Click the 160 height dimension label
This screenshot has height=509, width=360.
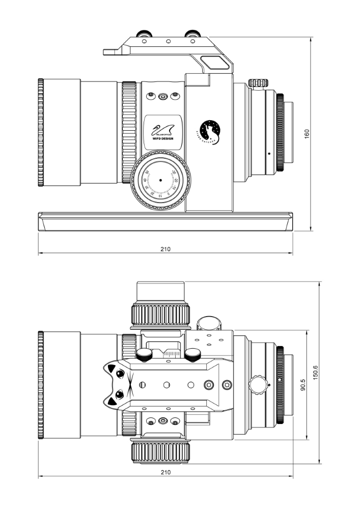[x=307, y=133]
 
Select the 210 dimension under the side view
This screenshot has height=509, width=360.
[x=165, y=249]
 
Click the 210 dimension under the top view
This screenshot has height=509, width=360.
[x=165, y=472]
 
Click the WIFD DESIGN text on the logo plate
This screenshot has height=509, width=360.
[x=162, y=137]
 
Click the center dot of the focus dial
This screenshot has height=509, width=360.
[x=160, y=180]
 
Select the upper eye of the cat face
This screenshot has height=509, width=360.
[x=120, y=375]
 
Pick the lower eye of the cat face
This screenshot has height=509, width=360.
[x=119, y=393]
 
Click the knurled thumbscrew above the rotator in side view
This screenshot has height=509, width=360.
[x=258, y=82]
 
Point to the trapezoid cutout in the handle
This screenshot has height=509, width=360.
[x=214, y=63]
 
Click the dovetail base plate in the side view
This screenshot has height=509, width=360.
[x=165, y=222]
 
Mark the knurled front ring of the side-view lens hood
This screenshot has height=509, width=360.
[x=41, y=133]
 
